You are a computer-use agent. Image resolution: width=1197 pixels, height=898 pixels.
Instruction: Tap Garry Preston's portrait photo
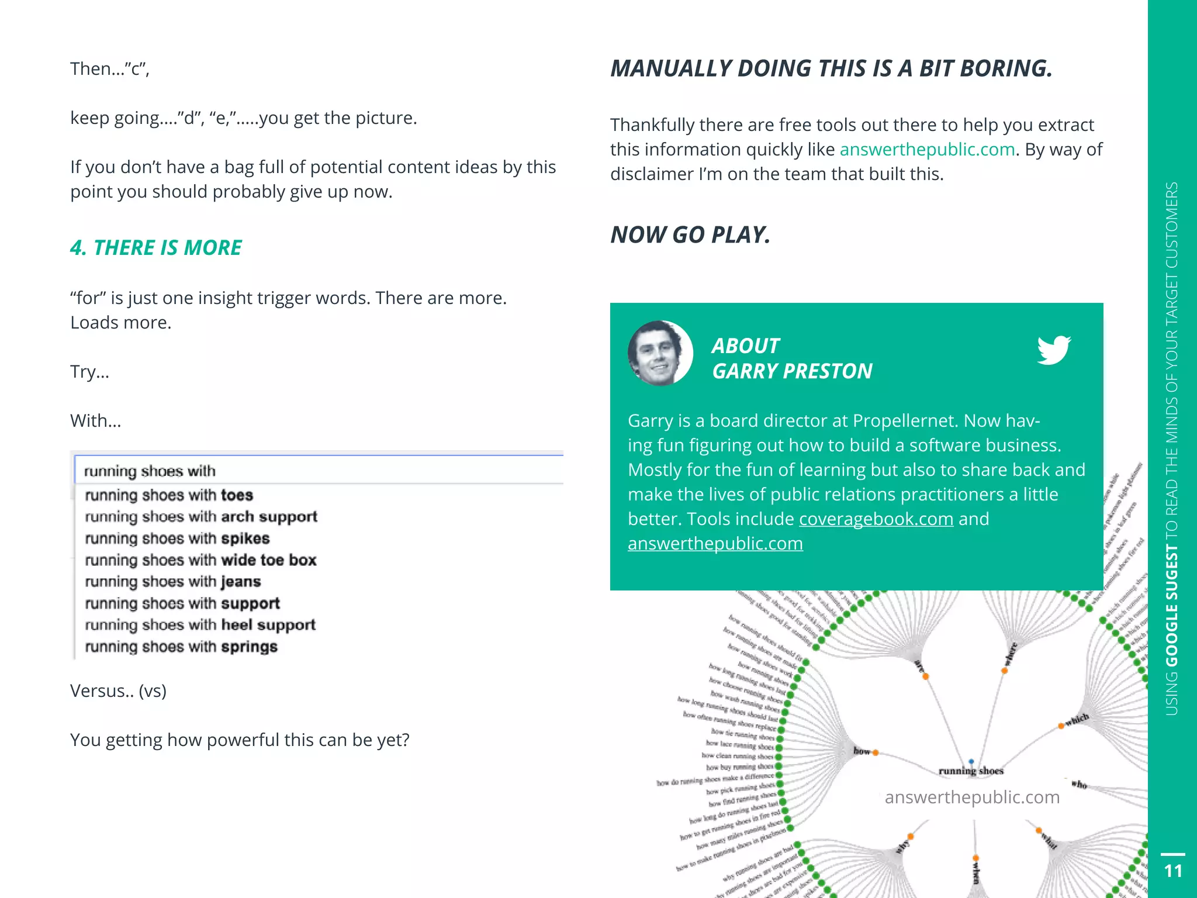(660, 353)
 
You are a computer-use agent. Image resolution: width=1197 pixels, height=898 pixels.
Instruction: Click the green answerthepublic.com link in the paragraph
(927, 150)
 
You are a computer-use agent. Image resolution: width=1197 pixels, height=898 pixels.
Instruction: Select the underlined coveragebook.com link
(876, 519)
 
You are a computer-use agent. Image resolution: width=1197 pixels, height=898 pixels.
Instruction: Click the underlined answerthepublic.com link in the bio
(715, 544)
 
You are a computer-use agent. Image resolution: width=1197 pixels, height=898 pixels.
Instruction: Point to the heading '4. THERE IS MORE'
(155, 248)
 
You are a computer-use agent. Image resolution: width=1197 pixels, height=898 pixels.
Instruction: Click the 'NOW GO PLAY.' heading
(690, 235)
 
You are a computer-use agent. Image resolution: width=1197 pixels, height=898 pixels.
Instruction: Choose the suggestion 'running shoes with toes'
(169, 495)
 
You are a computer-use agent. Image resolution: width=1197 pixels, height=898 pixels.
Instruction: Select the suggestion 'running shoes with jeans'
(173, 582)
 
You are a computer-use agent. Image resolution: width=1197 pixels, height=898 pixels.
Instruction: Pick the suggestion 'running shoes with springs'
(181, 647)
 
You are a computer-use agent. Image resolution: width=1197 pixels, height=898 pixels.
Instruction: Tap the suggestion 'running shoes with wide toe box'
(200, 560)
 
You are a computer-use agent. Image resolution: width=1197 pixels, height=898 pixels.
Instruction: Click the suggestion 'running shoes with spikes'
(177, 538)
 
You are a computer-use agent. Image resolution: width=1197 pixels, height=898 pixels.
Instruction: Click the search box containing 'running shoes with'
(319, 471)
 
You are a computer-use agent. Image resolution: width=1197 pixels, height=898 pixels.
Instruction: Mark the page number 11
(1172, 871)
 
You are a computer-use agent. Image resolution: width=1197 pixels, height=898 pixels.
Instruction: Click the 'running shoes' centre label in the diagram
(971, 771)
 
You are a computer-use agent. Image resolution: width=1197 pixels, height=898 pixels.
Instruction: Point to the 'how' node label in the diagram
(861, 751)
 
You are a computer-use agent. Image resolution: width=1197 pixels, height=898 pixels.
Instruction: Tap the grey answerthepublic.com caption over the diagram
(972, 797)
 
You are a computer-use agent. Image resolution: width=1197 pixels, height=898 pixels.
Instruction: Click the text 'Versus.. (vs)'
(118, 691)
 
